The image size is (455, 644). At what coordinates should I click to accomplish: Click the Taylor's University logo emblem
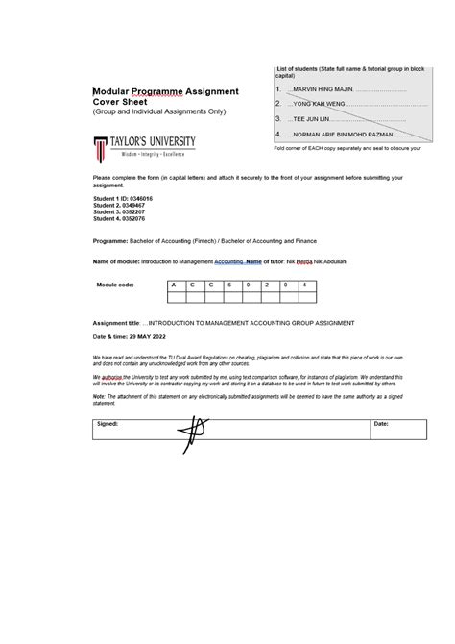[99, 147]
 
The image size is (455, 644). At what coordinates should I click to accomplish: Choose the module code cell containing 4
[303, 285]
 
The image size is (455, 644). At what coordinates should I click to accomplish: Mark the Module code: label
[115, 285]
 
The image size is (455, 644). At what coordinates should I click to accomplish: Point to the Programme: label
[110, 241]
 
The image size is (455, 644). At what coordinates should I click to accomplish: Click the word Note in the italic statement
[99, 395]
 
